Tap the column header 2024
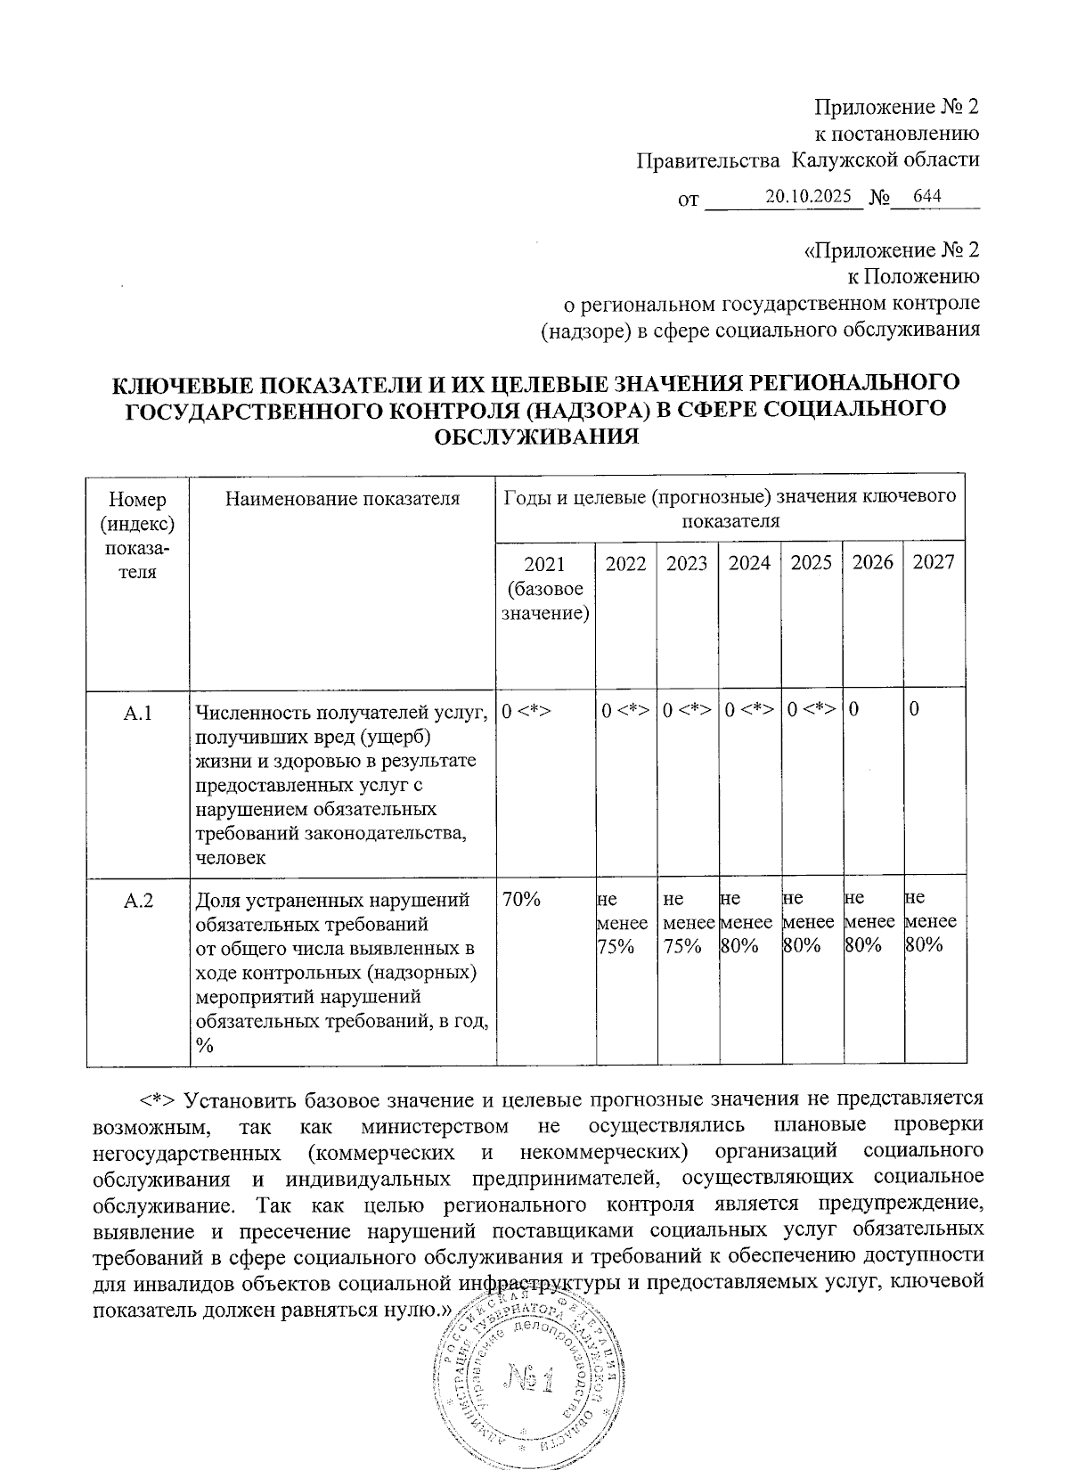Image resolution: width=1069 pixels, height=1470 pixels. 749,562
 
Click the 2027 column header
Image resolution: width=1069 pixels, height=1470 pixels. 934,562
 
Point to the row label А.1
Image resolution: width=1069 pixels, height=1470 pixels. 138,713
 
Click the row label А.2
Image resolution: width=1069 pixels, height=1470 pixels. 138,900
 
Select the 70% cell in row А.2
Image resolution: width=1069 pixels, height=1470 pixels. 522,900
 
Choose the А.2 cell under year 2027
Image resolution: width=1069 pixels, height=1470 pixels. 931,922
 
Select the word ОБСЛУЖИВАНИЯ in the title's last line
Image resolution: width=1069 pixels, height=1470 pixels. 535,436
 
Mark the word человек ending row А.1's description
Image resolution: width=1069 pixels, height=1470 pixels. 231,857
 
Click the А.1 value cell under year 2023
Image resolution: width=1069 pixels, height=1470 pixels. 687,710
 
